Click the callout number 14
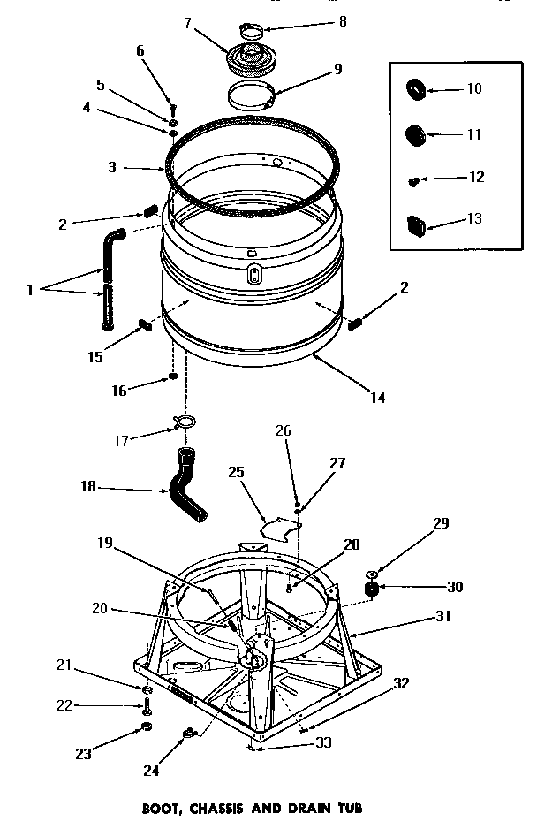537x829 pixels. pos(377,398)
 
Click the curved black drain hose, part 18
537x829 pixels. pos(187,485)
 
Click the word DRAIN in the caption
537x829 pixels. pos(310,808)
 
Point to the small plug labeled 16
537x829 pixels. pos(174,378)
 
